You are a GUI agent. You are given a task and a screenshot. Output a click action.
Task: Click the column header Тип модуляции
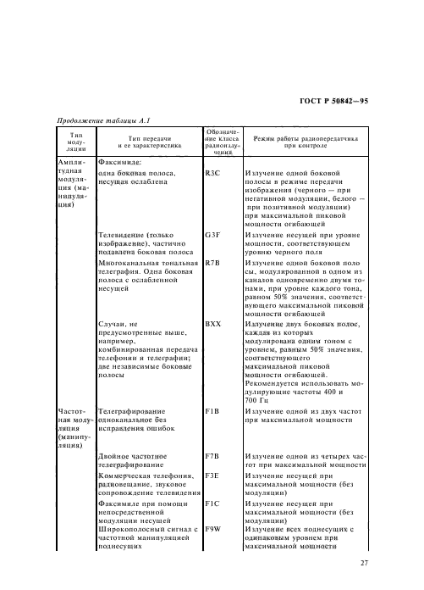75,141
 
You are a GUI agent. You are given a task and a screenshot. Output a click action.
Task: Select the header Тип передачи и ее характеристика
148,141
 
